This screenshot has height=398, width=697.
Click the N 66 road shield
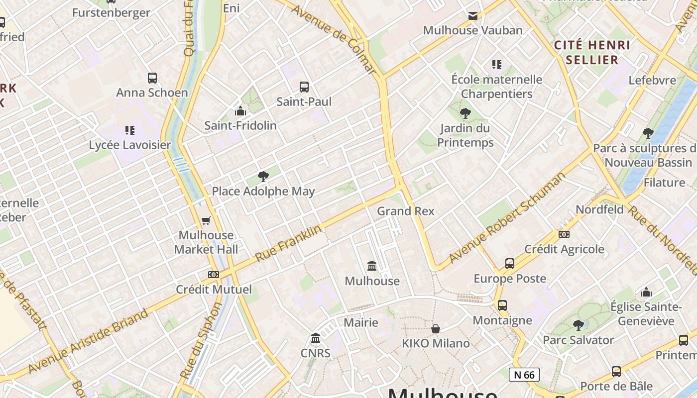(524, 375)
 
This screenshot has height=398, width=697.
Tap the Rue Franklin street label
(288, 244)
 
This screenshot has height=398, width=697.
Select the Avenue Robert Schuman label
(507, 217)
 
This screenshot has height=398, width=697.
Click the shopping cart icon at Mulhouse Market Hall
(206, 220)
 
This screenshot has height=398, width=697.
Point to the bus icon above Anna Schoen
(152, 78)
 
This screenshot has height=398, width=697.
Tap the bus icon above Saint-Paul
(304, 87)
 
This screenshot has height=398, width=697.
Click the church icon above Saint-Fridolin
(240, 111)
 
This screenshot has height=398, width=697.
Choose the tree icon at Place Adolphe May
(263, 176)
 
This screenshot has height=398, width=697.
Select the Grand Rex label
(405, 211)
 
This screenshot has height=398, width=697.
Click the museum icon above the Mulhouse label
(372, 266)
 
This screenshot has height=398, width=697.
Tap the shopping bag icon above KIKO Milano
(436, 329)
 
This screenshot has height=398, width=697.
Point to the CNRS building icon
(316, 339)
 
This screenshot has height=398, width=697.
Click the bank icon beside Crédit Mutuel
(214, 275)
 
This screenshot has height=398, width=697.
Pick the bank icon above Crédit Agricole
(564, 234)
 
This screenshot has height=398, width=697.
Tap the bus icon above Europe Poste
(510, 264)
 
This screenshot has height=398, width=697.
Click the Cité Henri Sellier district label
(592, 52)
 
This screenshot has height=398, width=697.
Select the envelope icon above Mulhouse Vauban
(473, 16)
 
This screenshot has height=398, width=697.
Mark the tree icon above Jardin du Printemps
(465, 113)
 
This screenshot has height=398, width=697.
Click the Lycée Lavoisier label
(130, 145)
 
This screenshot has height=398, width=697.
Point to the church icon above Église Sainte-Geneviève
(646, 292)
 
